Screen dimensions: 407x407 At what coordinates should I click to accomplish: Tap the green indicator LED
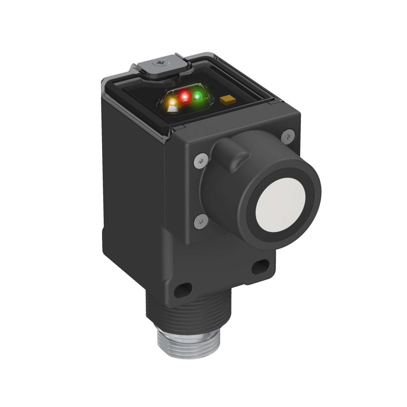click(x=197, y=96)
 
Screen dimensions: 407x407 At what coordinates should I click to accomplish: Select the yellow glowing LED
click(x=173, y=103)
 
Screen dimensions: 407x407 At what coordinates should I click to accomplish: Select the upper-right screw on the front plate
click(x=287, y=136)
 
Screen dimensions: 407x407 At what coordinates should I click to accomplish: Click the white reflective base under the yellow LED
click(x=172, y=109)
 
